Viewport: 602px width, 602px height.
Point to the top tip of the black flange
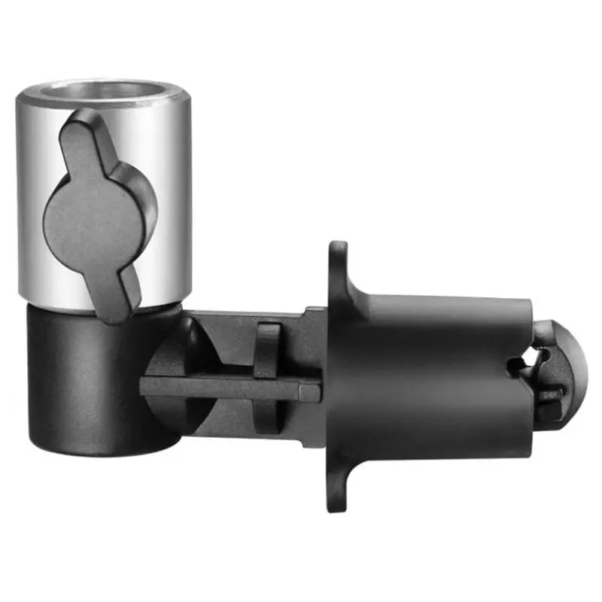(339, 252)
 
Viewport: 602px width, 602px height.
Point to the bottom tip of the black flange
(337, 500)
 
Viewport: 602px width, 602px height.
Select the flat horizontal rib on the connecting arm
(226, 387)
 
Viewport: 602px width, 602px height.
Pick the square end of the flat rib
(312, 390)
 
